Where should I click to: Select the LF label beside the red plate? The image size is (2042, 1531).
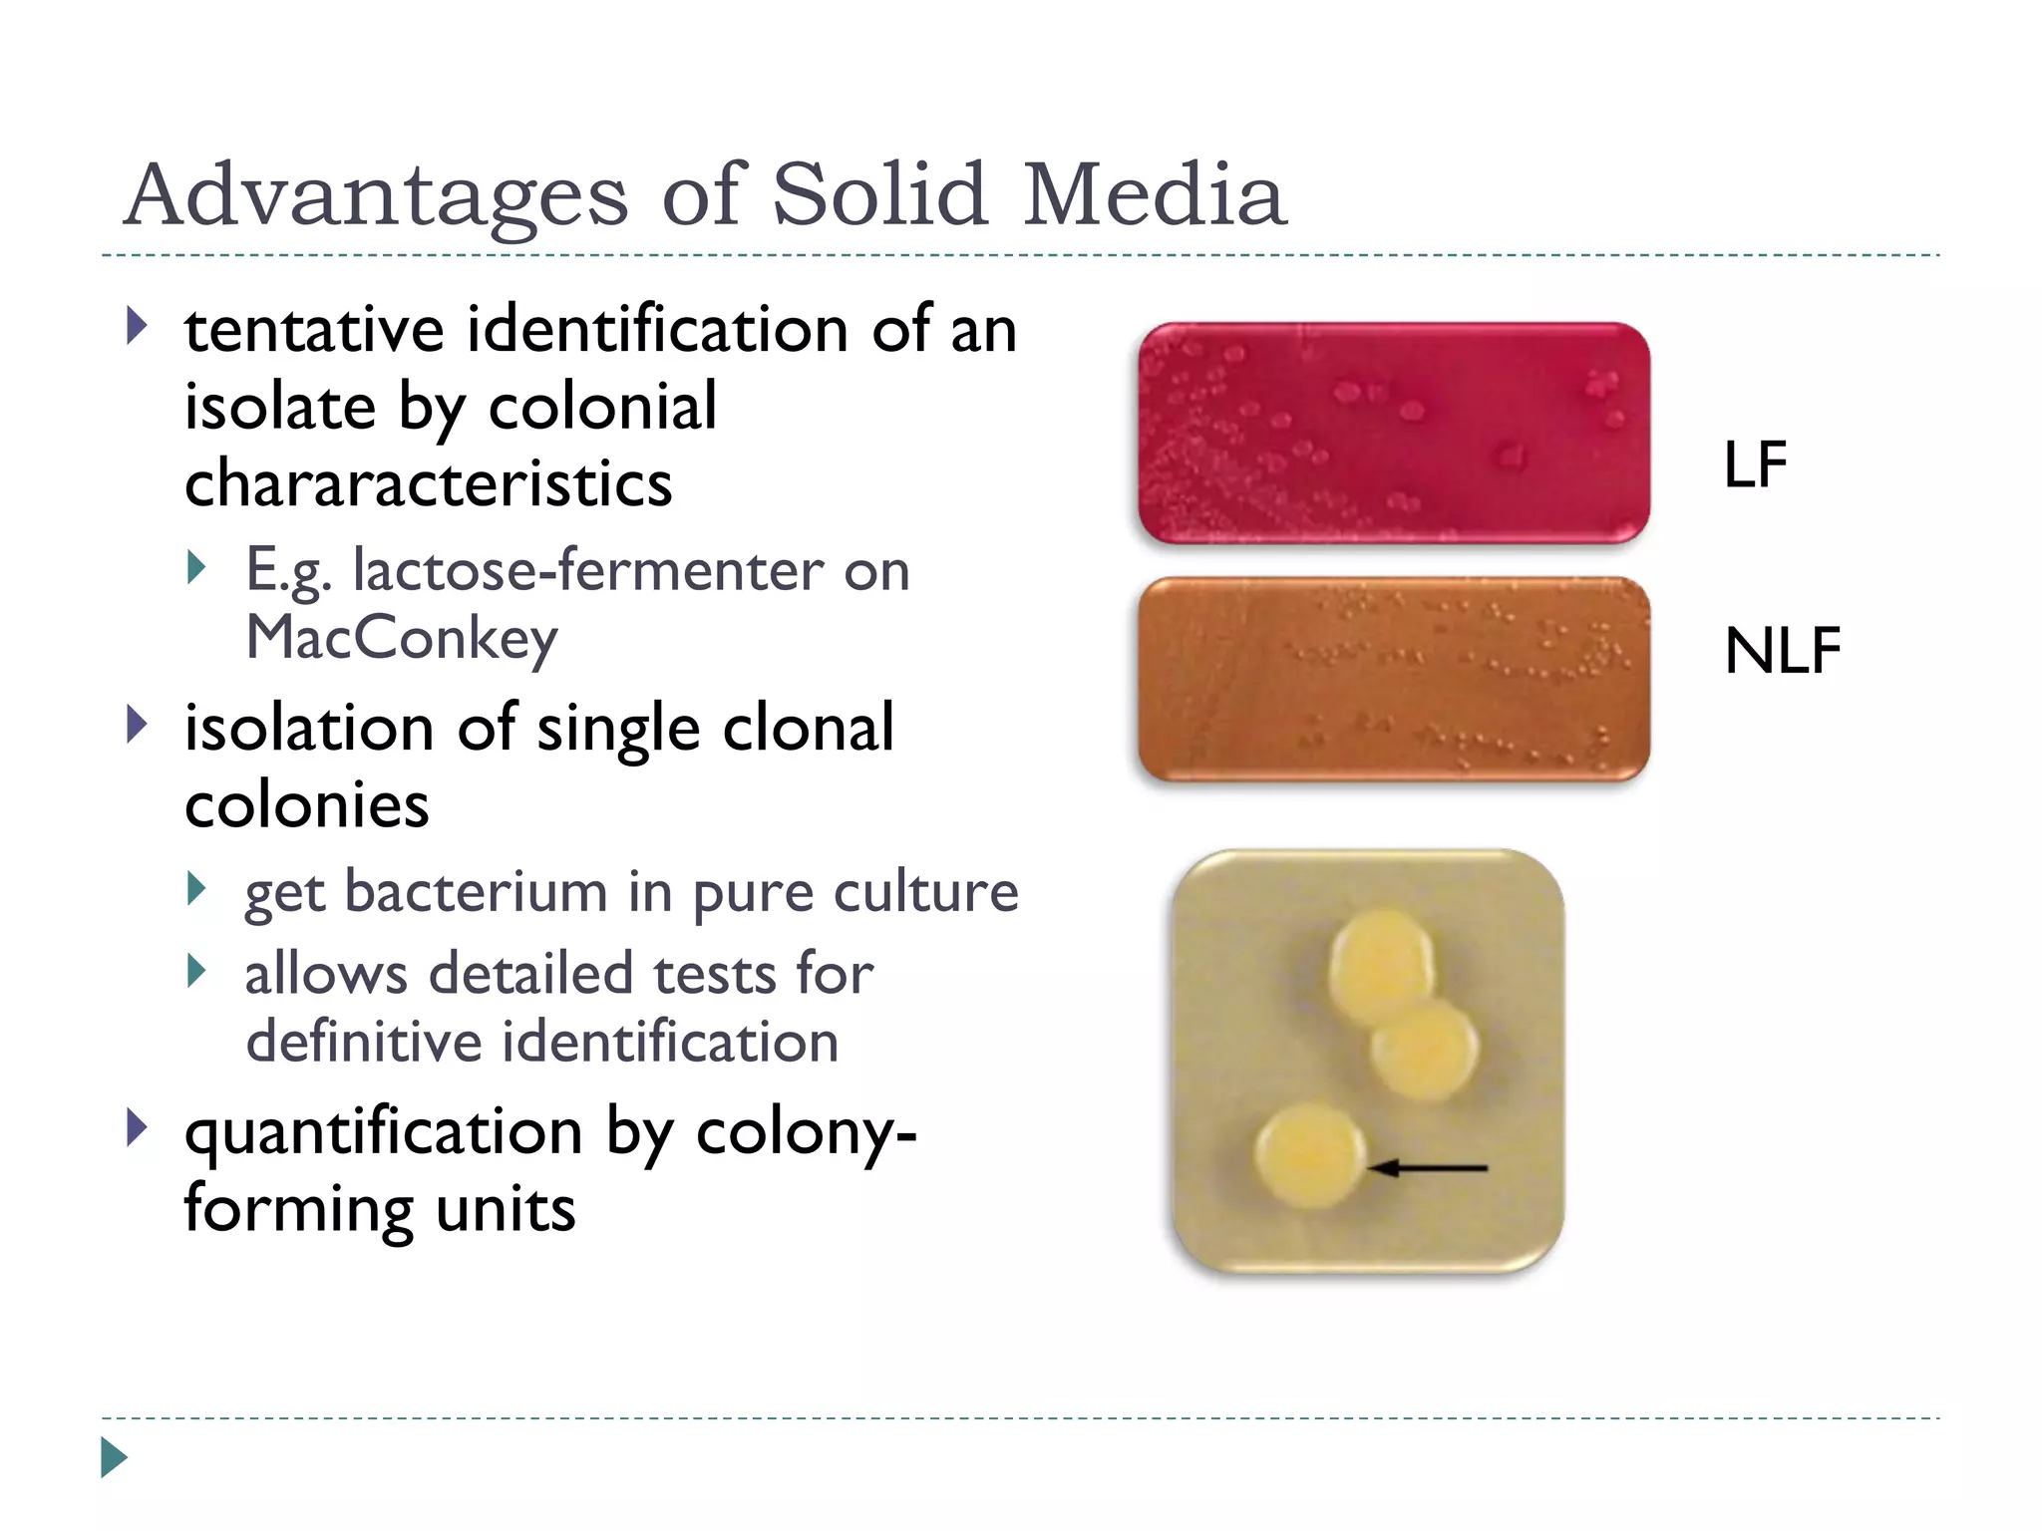point(1755,464)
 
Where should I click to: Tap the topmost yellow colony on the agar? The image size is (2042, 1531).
point(1382,964)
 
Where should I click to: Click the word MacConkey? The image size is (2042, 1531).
point(402,639)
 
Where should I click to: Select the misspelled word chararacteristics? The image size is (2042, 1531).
point(429,483)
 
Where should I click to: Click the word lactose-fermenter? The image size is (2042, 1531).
point(589,570)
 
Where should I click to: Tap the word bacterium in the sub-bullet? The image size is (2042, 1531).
point(476,891)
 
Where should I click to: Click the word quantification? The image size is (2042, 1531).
point(383,1134)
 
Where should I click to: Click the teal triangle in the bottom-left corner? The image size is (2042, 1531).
point(114,1457)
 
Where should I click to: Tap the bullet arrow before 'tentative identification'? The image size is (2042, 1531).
point(138,326)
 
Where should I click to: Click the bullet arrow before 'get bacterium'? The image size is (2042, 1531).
point(197,888)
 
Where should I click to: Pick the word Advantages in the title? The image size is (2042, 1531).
point(376,195)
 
